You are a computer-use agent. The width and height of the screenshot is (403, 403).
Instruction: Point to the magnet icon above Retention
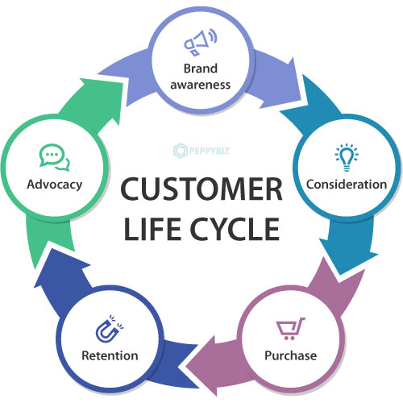point(109,330)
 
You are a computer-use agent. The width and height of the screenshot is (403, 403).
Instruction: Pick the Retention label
point(109,355)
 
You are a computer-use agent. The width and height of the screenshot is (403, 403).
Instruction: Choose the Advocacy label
point(54,185)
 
